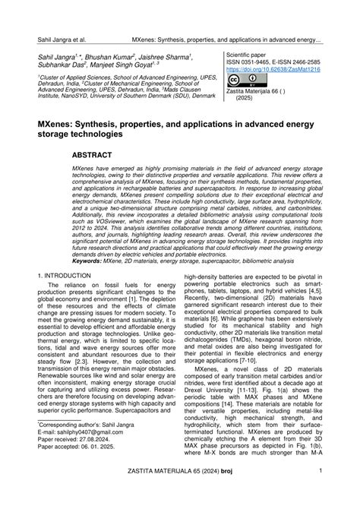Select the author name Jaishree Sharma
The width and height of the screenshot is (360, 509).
pos(169,58)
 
